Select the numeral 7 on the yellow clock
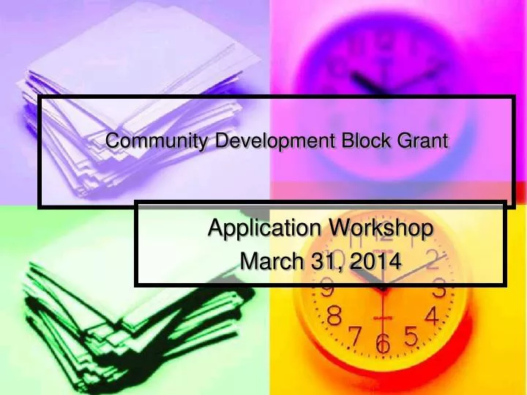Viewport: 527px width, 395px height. pos(354,336)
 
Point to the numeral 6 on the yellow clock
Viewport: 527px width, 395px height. pos(382,344)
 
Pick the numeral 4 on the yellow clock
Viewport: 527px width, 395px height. pos(431,317)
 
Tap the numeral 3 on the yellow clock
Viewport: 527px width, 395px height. pos(440,290)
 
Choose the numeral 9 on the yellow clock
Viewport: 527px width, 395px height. pos(328,290)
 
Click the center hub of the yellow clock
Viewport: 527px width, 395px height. pos(382,287)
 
